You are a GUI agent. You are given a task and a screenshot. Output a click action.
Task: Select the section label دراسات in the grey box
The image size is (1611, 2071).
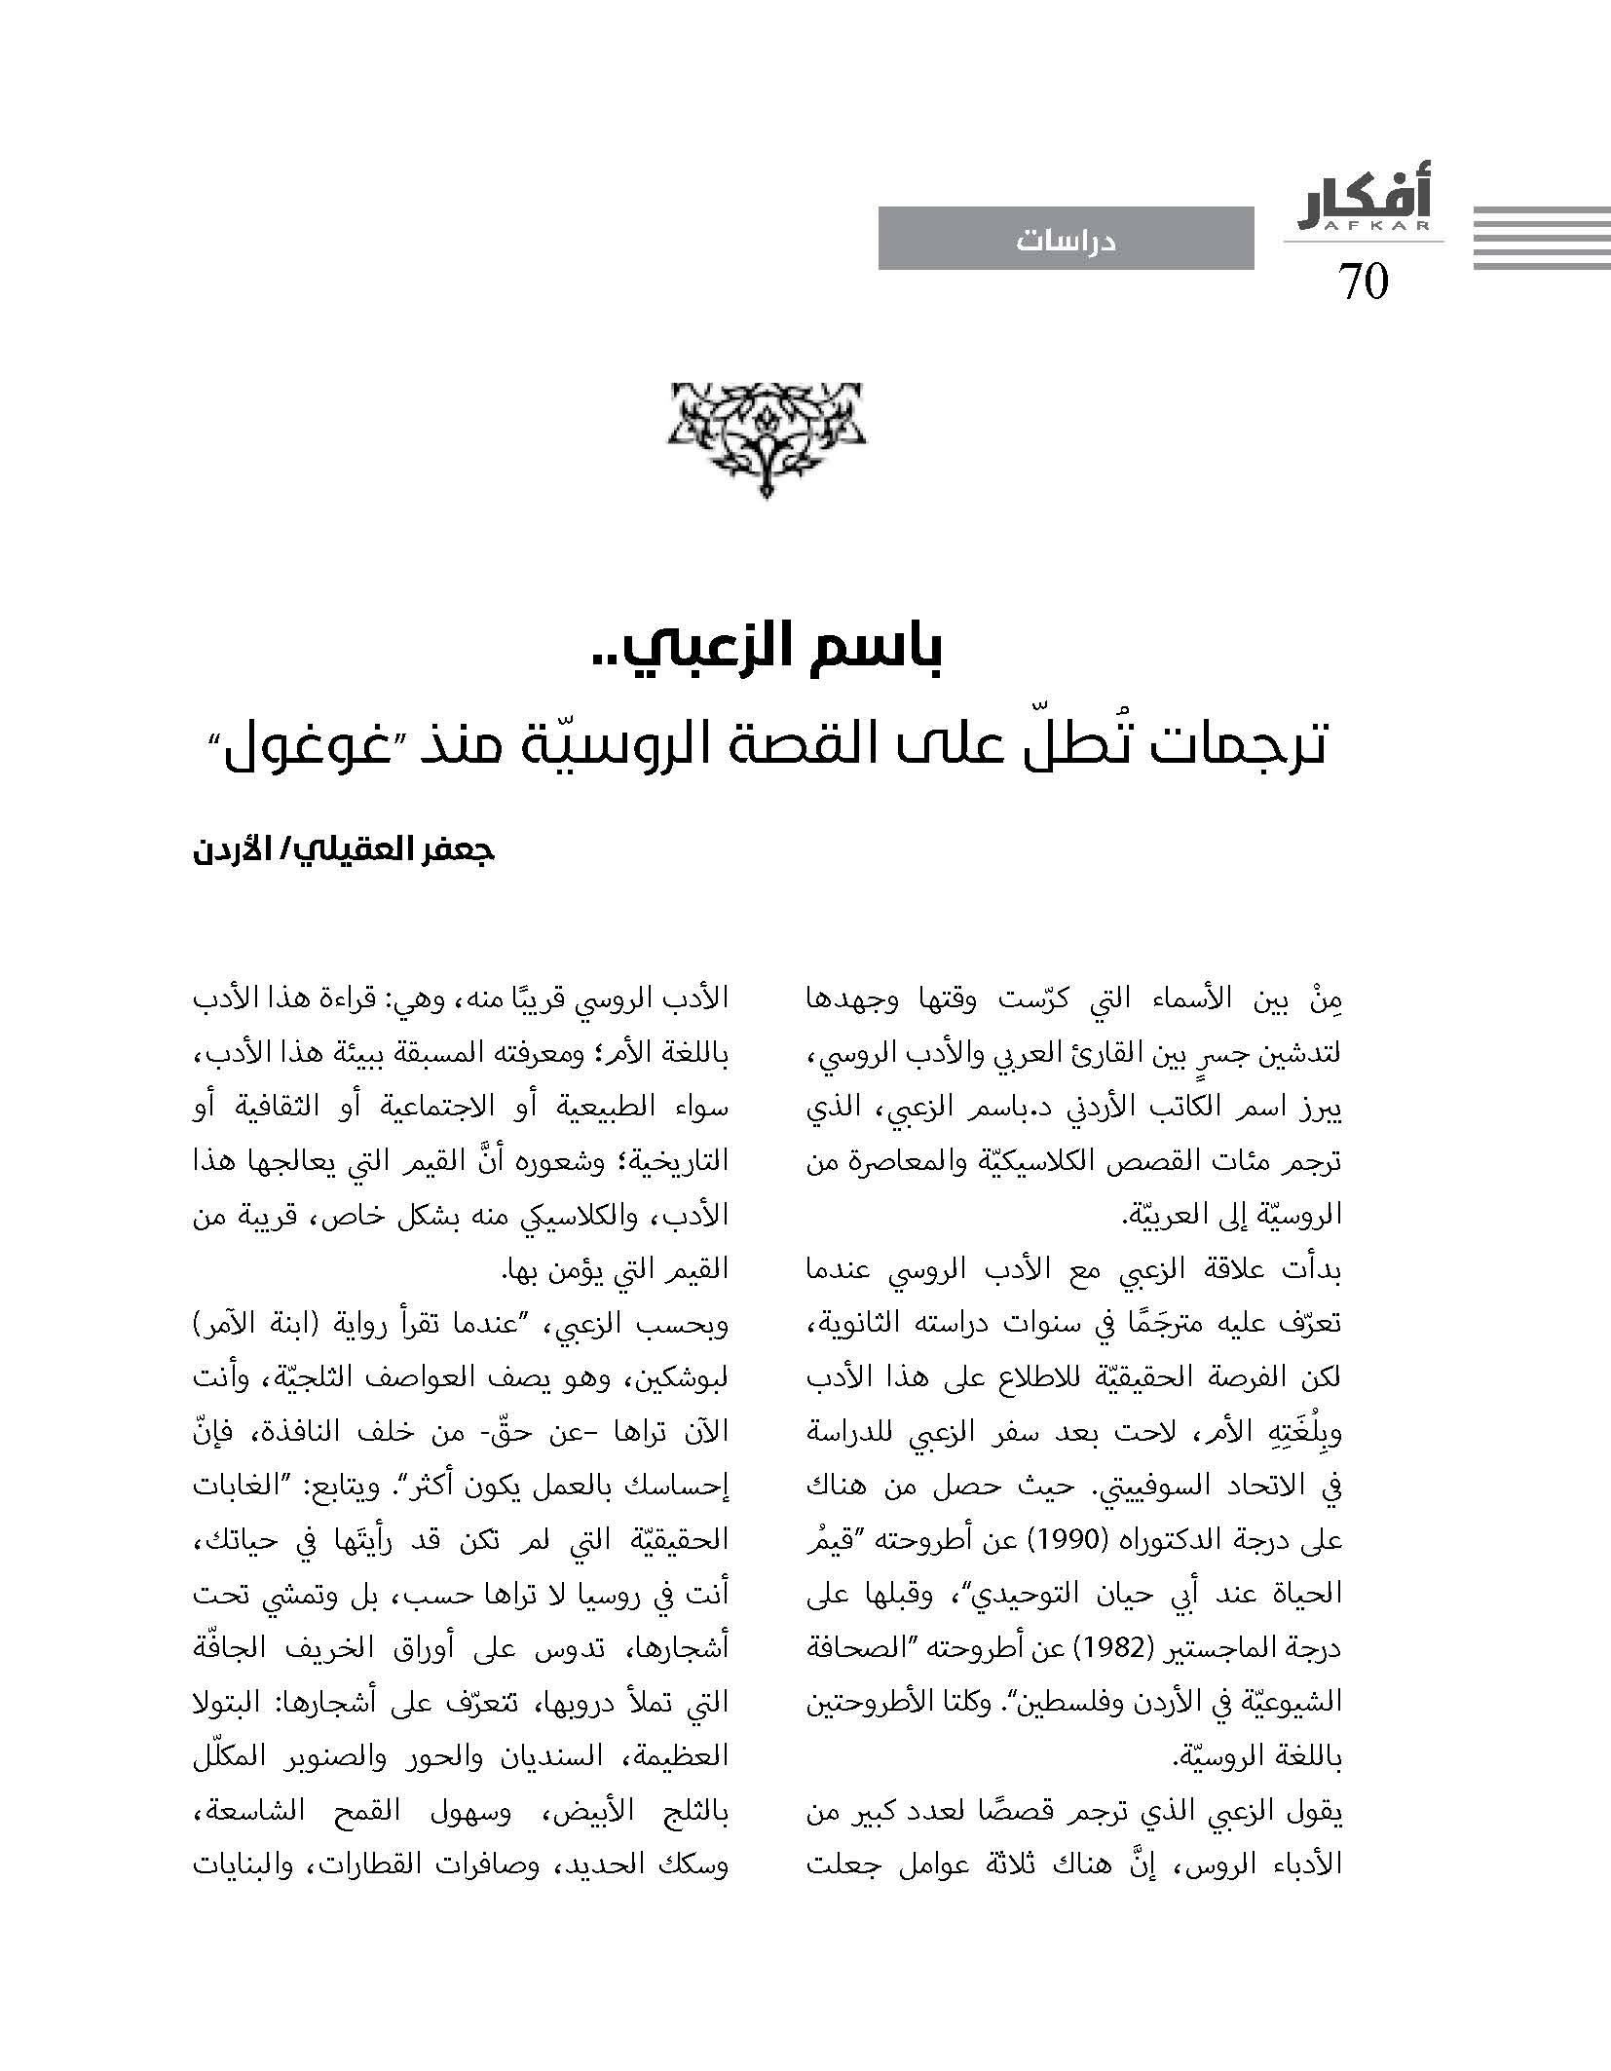point(1066,240)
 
